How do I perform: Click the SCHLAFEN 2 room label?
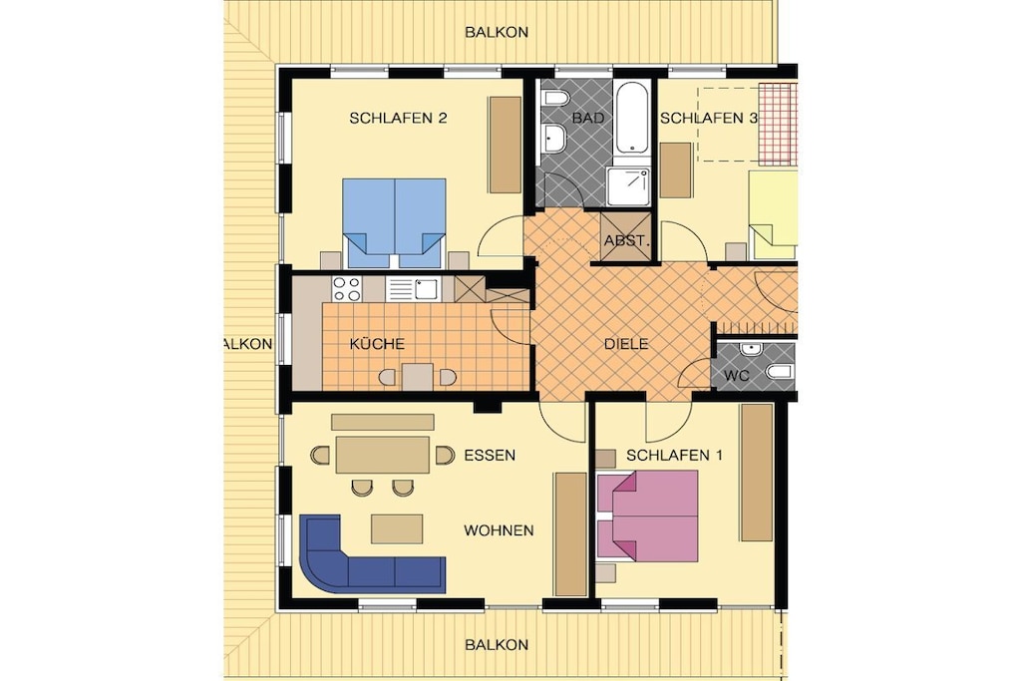point(398,118)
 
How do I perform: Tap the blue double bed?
point(395,223)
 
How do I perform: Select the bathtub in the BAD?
point(631,118)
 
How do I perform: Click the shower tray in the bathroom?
point(628,185)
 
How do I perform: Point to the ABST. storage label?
point(626,240)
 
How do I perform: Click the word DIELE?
point(626,344)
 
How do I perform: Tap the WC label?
point(737,376)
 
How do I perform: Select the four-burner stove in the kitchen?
point(346,289)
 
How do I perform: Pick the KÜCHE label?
point(377,344)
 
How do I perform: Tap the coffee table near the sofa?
point(397,528)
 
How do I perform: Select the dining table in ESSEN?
point(382,455)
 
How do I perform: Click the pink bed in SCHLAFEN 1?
point(648,514)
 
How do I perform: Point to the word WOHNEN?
point(499,530)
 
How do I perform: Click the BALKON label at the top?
point(497,32)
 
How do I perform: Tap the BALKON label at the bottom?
point(497,644)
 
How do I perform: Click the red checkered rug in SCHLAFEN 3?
point(778,124)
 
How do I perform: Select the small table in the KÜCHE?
point(418,377)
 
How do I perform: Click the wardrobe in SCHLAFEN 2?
point(506,145)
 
